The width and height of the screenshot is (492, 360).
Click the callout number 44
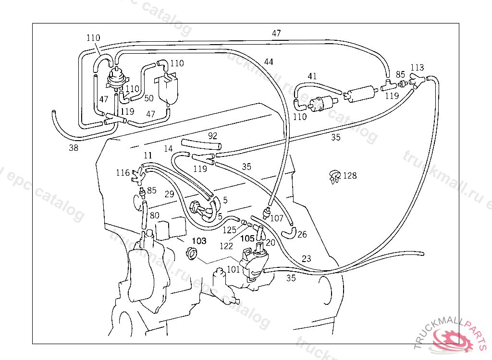click(x=269, y=62)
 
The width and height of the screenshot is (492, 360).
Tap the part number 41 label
click(x=312, y=76)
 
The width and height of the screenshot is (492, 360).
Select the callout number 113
click(x=417, y=68)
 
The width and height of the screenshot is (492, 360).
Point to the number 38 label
click(x=73, y=148)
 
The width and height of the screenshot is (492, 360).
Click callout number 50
click(x=149, y=98)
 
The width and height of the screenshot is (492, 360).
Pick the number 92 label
click(x=212, y=136)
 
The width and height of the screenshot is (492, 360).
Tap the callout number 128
click(x=350, y=176)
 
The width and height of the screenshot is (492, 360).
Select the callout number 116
click(x=123, y=172)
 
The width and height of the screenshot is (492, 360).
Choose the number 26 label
click(x=302, y=234)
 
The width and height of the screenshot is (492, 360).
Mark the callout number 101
click(x=233, y=269)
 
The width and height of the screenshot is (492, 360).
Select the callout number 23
click(x=306, y=259)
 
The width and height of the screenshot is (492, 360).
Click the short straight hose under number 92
click(x=201, y=144)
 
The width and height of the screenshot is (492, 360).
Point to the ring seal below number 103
click(x=192, y=253)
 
